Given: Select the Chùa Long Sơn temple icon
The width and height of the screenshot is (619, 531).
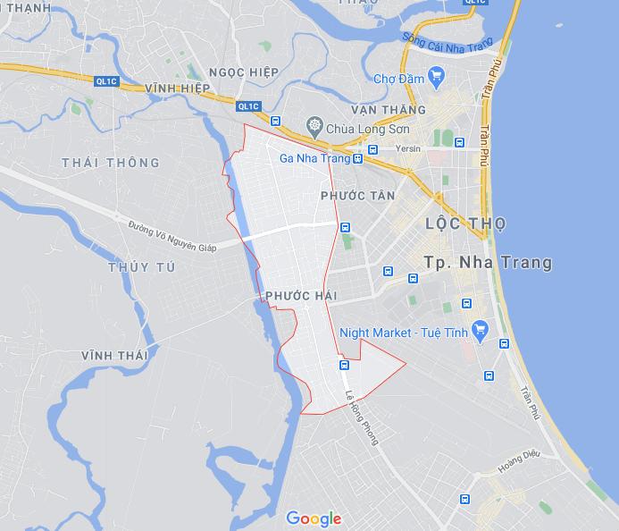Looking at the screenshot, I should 314,128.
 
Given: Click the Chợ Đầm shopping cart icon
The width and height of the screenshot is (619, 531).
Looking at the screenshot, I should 437,77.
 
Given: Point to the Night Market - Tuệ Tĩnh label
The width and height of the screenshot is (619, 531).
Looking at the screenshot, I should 404,333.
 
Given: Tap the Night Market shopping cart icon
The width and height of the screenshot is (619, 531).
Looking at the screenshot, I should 479,331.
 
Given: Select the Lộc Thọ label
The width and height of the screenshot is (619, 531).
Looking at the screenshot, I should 466,223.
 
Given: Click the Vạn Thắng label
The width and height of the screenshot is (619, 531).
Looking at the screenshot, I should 389,110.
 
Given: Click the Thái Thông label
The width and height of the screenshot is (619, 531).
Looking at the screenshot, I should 112,163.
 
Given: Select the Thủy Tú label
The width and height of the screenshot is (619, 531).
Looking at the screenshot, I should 142,267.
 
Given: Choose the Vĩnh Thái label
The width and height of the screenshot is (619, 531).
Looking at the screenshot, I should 114,356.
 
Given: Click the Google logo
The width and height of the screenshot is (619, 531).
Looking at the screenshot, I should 314,518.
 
